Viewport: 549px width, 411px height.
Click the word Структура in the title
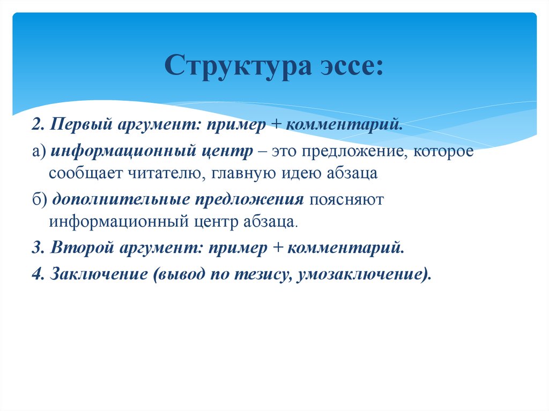click(x=238, y=66)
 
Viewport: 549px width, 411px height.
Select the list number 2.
click(x=38, y=125)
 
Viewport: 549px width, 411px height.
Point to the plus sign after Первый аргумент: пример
click(x=276, y=125)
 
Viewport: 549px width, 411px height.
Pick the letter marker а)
click(x=39, y=152)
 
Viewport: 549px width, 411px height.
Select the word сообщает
click(x=85, y=174)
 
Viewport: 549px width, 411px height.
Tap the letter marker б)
click(x=40, y=199)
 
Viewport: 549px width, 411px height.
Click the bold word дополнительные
click(x=121, y=199)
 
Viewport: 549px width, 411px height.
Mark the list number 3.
click(x=38, y=248)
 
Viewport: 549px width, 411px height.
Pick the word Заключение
click(x=99, y=274)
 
